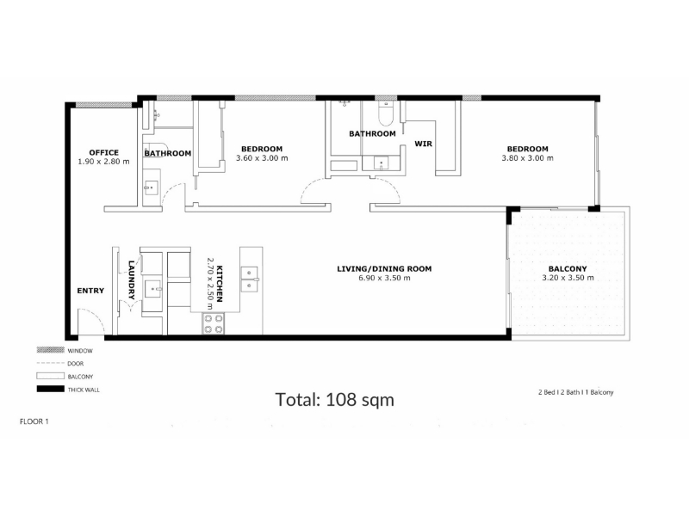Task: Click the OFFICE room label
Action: point(103,152)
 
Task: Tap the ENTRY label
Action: point(90,291)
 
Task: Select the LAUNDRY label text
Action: point(132,280)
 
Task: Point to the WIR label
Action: point(423,144)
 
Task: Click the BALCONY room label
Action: point(568,269)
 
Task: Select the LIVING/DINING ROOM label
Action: point(384,268)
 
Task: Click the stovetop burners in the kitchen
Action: point(213,324)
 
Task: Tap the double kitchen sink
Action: point(249,279)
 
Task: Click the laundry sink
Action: point(153,289)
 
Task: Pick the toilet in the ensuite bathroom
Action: point(386,114)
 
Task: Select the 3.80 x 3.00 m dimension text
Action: point(527,158)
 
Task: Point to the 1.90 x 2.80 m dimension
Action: point(103,162)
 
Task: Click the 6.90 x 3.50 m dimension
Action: point(384,278)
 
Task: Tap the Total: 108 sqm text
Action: point(334,400)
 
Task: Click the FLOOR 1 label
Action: point(34,421)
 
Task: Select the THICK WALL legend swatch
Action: point(50,390)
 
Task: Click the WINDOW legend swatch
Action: point(50,350)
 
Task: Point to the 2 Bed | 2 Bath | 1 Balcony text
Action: point(575,392)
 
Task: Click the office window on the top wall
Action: point(103,105)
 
